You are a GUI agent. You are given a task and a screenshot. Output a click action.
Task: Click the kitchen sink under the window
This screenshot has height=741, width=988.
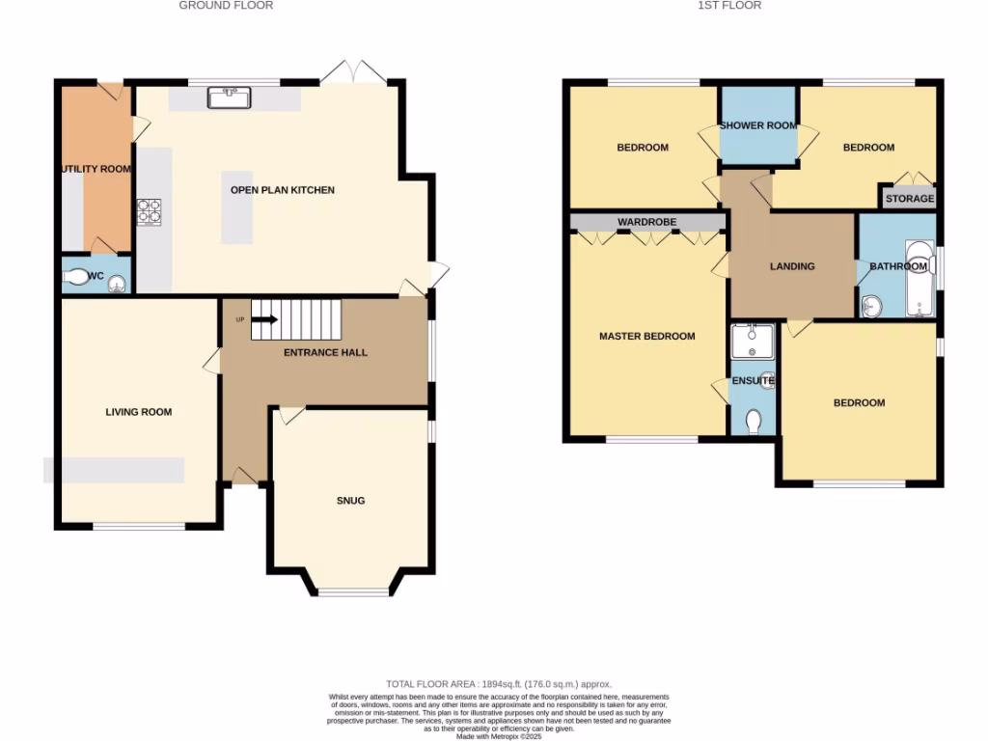229,96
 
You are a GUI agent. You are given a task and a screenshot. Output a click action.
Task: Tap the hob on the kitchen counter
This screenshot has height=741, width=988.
150,211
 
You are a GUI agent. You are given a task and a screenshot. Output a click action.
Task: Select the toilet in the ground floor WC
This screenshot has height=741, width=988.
79,278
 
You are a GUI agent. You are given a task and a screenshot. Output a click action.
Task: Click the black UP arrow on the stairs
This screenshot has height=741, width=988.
266,319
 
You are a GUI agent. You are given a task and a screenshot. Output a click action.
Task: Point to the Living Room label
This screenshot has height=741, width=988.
139,412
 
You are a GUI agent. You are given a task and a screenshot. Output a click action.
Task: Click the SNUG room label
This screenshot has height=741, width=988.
350,501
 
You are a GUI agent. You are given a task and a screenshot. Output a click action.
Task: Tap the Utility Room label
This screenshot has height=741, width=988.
96,169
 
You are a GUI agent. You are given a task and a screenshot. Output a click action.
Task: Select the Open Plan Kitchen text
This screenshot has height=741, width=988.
282,190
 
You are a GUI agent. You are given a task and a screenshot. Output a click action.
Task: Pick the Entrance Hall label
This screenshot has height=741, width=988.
325,353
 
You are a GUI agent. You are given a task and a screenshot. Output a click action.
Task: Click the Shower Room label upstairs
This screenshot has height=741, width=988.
757,125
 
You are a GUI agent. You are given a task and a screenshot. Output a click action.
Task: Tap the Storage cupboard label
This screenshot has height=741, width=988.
910,199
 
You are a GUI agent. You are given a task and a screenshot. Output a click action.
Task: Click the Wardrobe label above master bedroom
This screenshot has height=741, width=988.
647,222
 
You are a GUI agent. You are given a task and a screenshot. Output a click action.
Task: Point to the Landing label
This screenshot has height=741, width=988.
792,266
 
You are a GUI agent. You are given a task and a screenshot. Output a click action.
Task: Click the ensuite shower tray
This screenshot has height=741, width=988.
753,340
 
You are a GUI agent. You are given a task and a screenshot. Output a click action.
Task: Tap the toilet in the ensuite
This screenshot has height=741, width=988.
755,420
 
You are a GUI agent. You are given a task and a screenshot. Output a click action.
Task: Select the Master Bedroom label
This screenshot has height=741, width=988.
646,337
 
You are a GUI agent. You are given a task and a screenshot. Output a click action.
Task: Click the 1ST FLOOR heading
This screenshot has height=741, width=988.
731,6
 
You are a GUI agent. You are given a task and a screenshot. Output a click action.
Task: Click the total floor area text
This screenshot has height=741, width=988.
499,684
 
